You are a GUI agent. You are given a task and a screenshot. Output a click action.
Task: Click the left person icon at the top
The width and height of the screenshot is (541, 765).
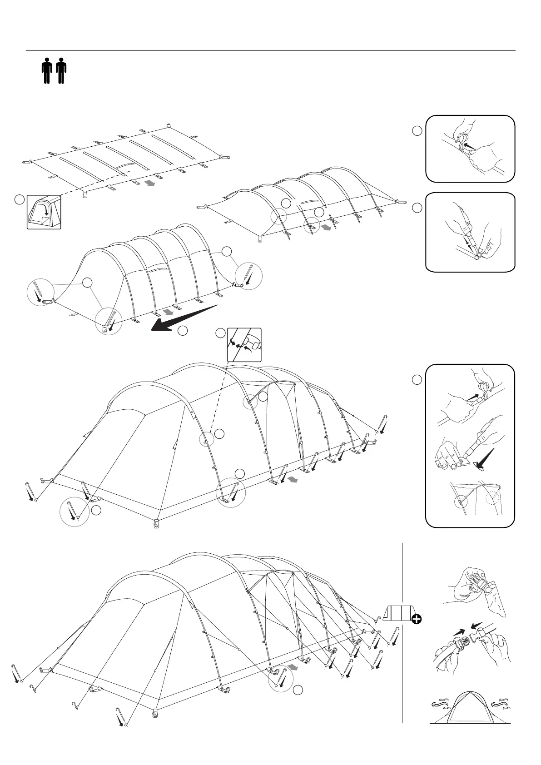(x=46, y=70)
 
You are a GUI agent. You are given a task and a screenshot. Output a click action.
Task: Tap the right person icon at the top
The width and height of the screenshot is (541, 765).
(x=61, y=70)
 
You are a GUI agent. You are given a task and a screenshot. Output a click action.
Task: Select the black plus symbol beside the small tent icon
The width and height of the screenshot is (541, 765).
(x=417, y=619)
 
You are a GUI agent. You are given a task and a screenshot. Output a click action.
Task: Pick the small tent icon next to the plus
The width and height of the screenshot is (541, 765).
(x=398, y=613)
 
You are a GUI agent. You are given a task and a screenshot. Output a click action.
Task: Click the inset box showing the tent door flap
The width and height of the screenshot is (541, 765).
(x=44, y=212)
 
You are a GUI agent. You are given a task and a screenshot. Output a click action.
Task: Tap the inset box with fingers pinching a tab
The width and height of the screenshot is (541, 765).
(x=244, y=344)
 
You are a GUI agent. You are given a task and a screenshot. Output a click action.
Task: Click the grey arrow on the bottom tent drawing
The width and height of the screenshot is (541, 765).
(x=294, y=667)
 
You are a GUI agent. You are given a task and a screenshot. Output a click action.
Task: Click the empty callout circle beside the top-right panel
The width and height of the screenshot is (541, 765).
(x=417, y=131)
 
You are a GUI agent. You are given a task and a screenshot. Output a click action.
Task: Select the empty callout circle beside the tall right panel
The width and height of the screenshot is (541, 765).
(x=417, y=380)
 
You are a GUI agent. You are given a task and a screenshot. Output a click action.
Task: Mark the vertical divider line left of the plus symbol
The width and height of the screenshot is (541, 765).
(x=402, y=636)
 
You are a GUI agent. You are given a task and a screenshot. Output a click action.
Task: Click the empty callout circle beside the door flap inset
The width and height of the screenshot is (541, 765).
(x=19, y=199)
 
